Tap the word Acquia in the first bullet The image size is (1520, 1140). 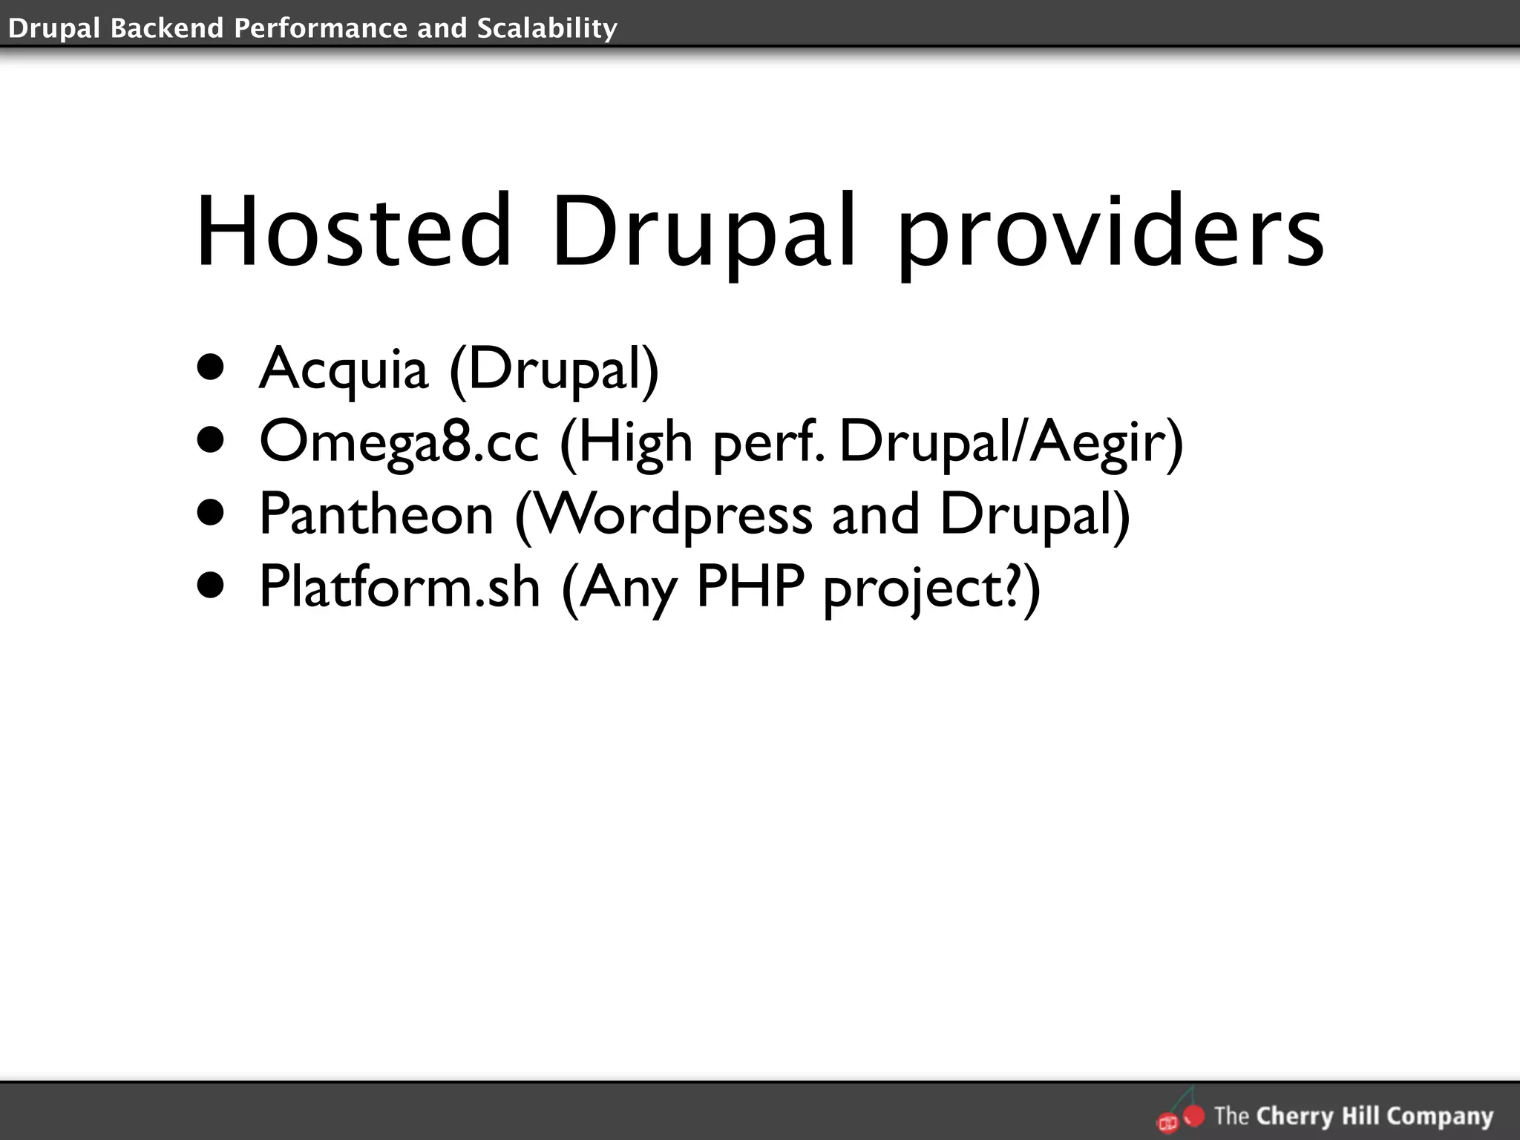tap(344, 368)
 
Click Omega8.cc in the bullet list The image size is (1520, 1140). tap(399, 442)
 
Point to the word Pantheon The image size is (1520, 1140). tap(376, 514)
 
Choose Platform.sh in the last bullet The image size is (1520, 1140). tap(399, 586)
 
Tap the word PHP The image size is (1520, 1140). tap(750, 586)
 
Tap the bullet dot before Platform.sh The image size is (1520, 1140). tap(211, 586)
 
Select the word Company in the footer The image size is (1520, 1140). tap(1439, 1116)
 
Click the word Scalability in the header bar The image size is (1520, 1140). tap(547, 28)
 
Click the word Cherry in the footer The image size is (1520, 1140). tap(1295, 1116)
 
